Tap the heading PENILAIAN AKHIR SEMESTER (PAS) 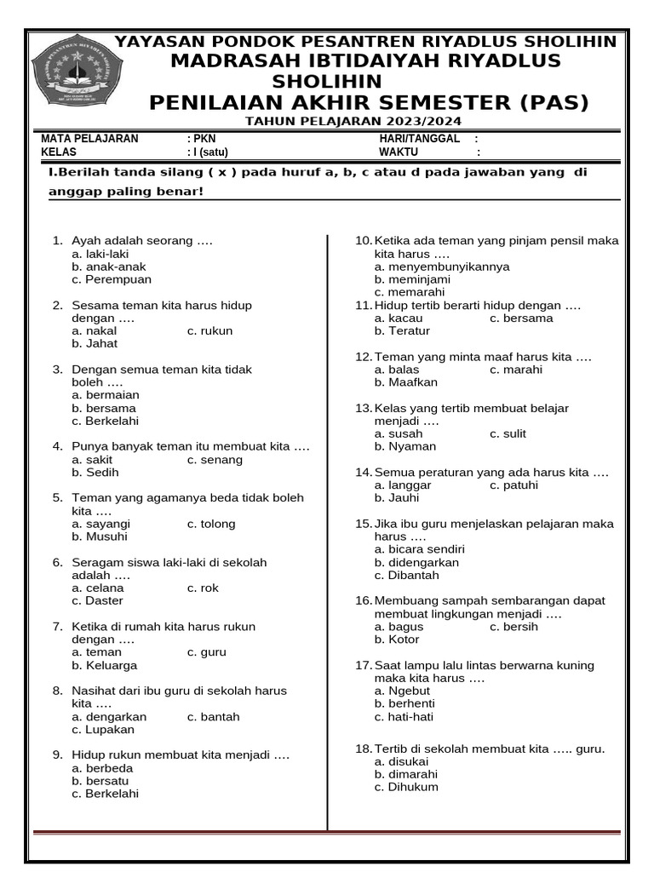click(369, 103)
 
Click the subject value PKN click(204, 139)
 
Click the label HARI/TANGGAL click(419, 139)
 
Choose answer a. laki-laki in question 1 click(100, 254)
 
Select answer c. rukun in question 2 click(209, 331)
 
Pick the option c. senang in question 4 click(215, 460)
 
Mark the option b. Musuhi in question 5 click(100, 536)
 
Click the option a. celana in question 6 click(98, 588)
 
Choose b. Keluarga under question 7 click(104, 665)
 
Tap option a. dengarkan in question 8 click(109, 717)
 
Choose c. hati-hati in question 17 click(404, 717)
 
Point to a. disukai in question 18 click(402, 761)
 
